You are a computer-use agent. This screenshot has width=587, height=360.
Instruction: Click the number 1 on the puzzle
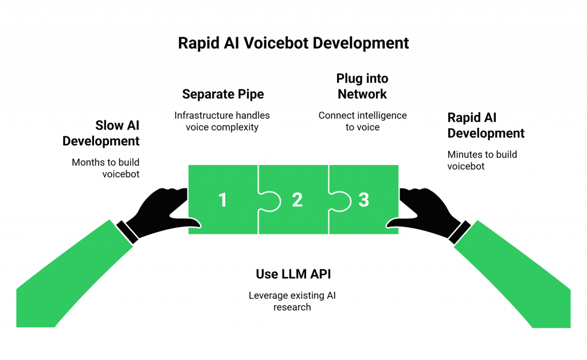click(223, 200)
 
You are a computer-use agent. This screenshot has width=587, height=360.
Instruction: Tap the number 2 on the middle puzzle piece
click(297, 200)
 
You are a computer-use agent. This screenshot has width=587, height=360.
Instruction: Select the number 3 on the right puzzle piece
click(363, 200)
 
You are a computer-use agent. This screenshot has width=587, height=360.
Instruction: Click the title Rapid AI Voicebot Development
click(293, 44)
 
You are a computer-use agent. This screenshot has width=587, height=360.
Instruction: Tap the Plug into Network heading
click(362, 87)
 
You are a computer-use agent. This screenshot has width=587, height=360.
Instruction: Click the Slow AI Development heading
click(102, 134)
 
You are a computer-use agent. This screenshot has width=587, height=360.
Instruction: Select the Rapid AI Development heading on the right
click(485, 126)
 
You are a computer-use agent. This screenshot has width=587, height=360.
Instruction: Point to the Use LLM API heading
click(293, 274)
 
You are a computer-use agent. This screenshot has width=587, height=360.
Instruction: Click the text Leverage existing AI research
click(293, 302)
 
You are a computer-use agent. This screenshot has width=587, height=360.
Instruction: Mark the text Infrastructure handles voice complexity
click(222, 122)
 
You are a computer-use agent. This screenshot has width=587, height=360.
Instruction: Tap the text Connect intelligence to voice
click(362, 122)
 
